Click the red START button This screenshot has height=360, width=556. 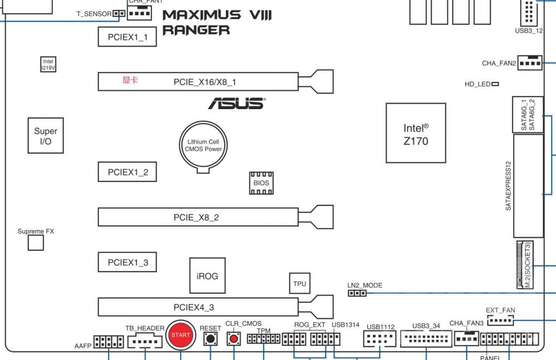[x=181, y=335]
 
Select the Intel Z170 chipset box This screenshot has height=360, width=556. [x=416, y=133]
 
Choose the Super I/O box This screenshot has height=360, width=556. [x=46, y=135]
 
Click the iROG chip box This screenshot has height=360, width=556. [x=207, y=276]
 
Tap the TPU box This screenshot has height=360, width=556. [x=300, y=283]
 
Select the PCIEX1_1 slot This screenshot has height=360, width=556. [x=128, y=37]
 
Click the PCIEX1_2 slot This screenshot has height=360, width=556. [x=128, y=172]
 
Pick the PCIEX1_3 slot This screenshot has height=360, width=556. [x=128, y=262]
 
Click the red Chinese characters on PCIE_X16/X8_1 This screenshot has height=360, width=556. [x=130, y=80]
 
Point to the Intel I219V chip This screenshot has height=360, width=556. [x=49, y=64]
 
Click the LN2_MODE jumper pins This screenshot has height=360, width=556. [x=357, y=294]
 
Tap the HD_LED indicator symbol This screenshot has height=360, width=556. [x=495, y=84]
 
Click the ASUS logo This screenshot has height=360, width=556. [x=237, y=103]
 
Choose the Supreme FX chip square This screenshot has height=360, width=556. [x=35, y=243]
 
